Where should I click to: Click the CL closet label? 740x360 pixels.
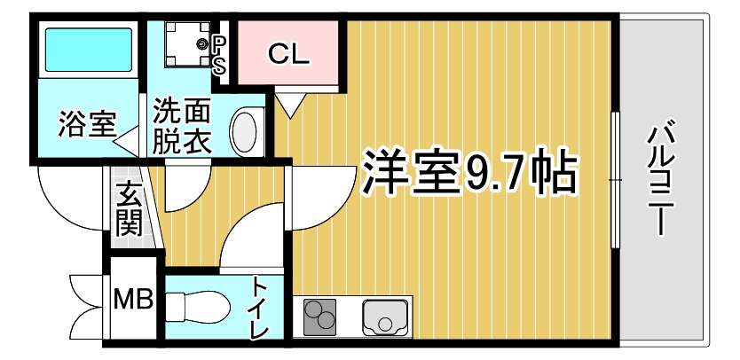288,55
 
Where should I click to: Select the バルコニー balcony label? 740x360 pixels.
660,181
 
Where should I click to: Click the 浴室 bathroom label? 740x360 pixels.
86,124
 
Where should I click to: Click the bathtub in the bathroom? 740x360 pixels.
87,51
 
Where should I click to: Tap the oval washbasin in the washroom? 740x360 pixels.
246,130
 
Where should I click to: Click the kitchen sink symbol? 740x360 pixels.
383,317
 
